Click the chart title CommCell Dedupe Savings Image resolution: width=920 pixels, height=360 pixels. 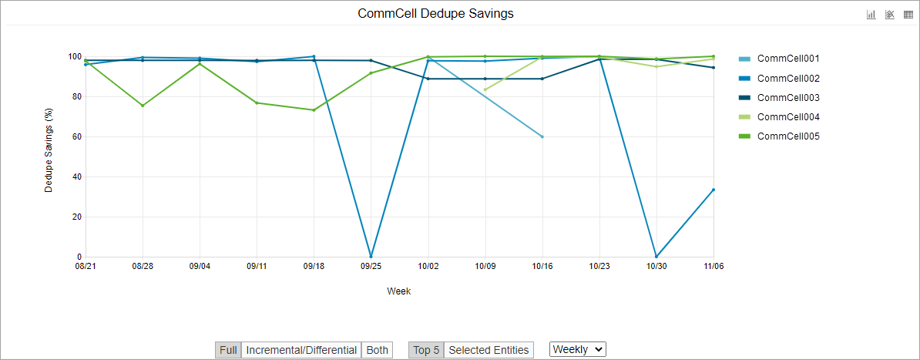(x=435, y=14)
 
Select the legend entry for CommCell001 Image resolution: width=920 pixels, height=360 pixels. (x=787, y=59)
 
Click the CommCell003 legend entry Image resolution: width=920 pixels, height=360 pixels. (x=787, y=98)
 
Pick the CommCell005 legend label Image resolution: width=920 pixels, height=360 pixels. (x=787, y=136)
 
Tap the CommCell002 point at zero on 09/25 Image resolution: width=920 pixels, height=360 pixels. (x=371, y=257)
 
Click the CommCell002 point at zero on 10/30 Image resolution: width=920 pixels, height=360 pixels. (x=656, y=257)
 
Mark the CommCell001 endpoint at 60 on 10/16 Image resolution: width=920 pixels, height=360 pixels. (x=542, y=136)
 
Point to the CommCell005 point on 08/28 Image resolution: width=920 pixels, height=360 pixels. (x=143, y=106)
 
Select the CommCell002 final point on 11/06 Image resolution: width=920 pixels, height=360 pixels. (x=714, y=190)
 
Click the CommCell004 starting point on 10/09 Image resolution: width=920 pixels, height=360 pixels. (x=485, y=89)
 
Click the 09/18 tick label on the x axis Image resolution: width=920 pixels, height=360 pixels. (x=314, y=266)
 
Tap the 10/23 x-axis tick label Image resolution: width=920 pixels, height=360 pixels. (x=599, y=266)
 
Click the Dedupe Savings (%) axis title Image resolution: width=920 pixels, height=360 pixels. (x=49, y=156)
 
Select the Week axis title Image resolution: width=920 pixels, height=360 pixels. (x=398, y=291)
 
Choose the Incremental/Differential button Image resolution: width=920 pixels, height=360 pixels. (x=301, y=350)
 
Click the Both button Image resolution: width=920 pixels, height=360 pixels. (x=377, y=350)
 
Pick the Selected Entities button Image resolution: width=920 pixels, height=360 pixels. (x=489, y=350)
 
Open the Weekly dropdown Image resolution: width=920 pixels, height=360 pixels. (x=578, y=349)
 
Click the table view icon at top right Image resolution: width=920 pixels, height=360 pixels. (x=908, y=14)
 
